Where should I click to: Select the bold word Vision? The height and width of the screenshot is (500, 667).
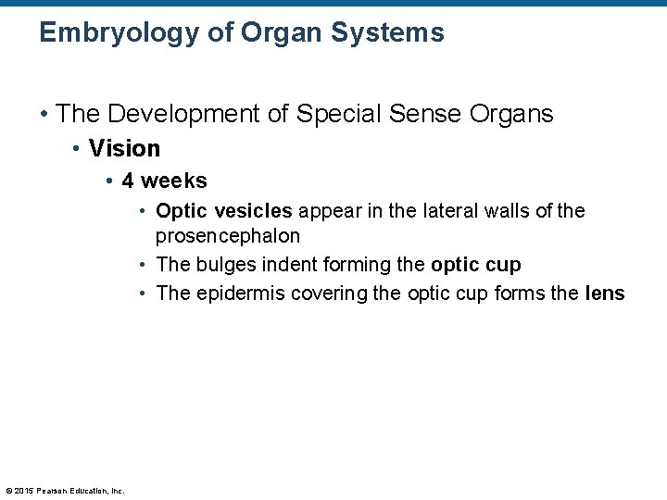(125, 148)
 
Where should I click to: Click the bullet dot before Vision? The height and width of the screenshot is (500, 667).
(78, 148)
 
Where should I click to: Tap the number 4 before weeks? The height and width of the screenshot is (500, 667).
(128, 181)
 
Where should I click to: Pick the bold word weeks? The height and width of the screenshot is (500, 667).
(174, 181)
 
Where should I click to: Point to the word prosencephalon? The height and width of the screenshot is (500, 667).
(228, 235)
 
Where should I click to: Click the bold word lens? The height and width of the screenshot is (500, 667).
(605, 294)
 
